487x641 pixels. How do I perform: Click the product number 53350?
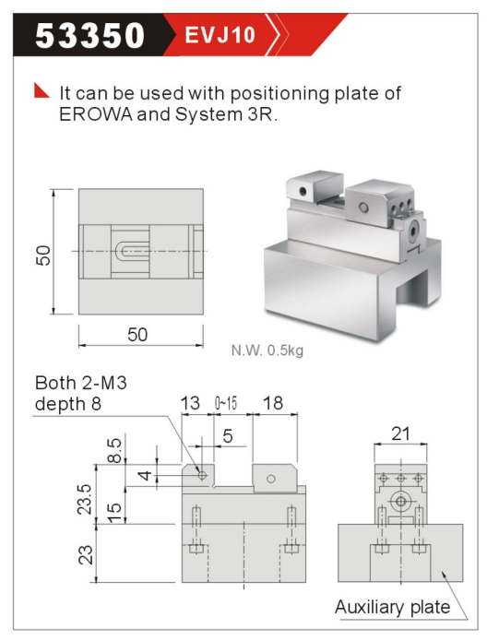point(90,36)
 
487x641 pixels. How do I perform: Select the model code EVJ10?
point(220,35)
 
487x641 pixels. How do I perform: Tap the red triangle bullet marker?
point(42,90)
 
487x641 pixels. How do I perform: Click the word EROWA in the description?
point(96,114)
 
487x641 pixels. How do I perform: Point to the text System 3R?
point(226,114)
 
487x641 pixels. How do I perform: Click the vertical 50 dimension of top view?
point(43,255)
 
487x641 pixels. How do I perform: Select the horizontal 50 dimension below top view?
point(137,335)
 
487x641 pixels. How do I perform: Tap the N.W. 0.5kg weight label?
point(267,350)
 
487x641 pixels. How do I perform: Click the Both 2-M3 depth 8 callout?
point(81,393)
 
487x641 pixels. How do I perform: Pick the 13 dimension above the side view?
point(190,403)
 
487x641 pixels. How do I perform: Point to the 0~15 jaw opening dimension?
point(226,404)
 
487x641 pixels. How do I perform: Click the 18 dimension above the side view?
point(273,403)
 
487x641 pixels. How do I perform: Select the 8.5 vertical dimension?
point(114,450)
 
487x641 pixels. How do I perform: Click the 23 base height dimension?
point(86,555)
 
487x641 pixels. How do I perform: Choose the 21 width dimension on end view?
point(400,433)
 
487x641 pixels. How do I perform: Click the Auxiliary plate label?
point(393,607)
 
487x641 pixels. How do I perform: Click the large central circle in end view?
point(401,502)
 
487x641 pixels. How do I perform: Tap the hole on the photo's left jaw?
point(303,191)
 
